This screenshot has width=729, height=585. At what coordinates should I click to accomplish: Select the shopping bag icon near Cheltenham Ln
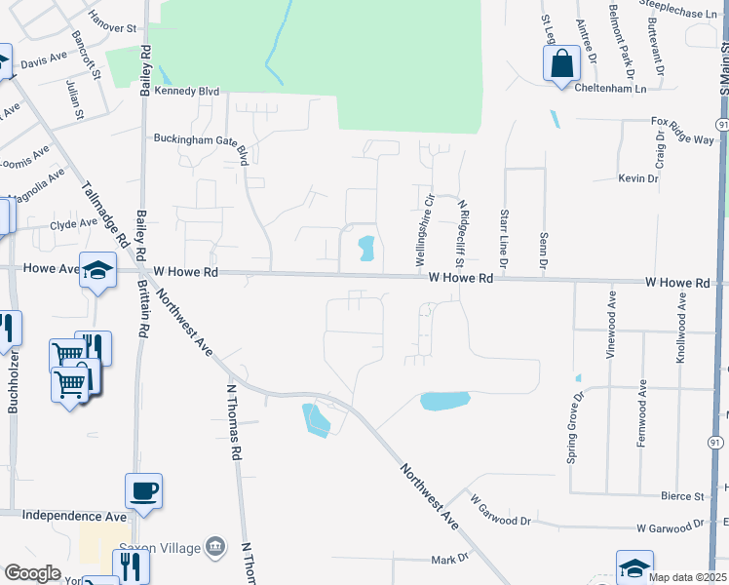point(560,65)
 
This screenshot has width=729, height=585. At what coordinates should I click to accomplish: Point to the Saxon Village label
point(160,547)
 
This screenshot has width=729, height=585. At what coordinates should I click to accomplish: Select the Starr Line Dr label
point(504,237)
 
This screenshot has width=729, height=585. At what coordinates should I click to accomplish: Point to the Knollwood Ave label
point(681,331)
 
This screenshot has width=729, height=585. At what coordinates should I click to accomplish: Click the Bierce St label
point(681,496)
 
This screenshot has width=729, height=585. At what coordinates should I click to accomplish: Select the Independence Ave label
point(74,515)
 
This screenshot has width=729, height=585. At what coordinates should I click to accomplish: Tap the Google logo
point(32,573)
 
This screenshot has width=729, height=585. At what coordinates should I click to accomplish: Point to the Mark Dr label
point(450,560)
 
